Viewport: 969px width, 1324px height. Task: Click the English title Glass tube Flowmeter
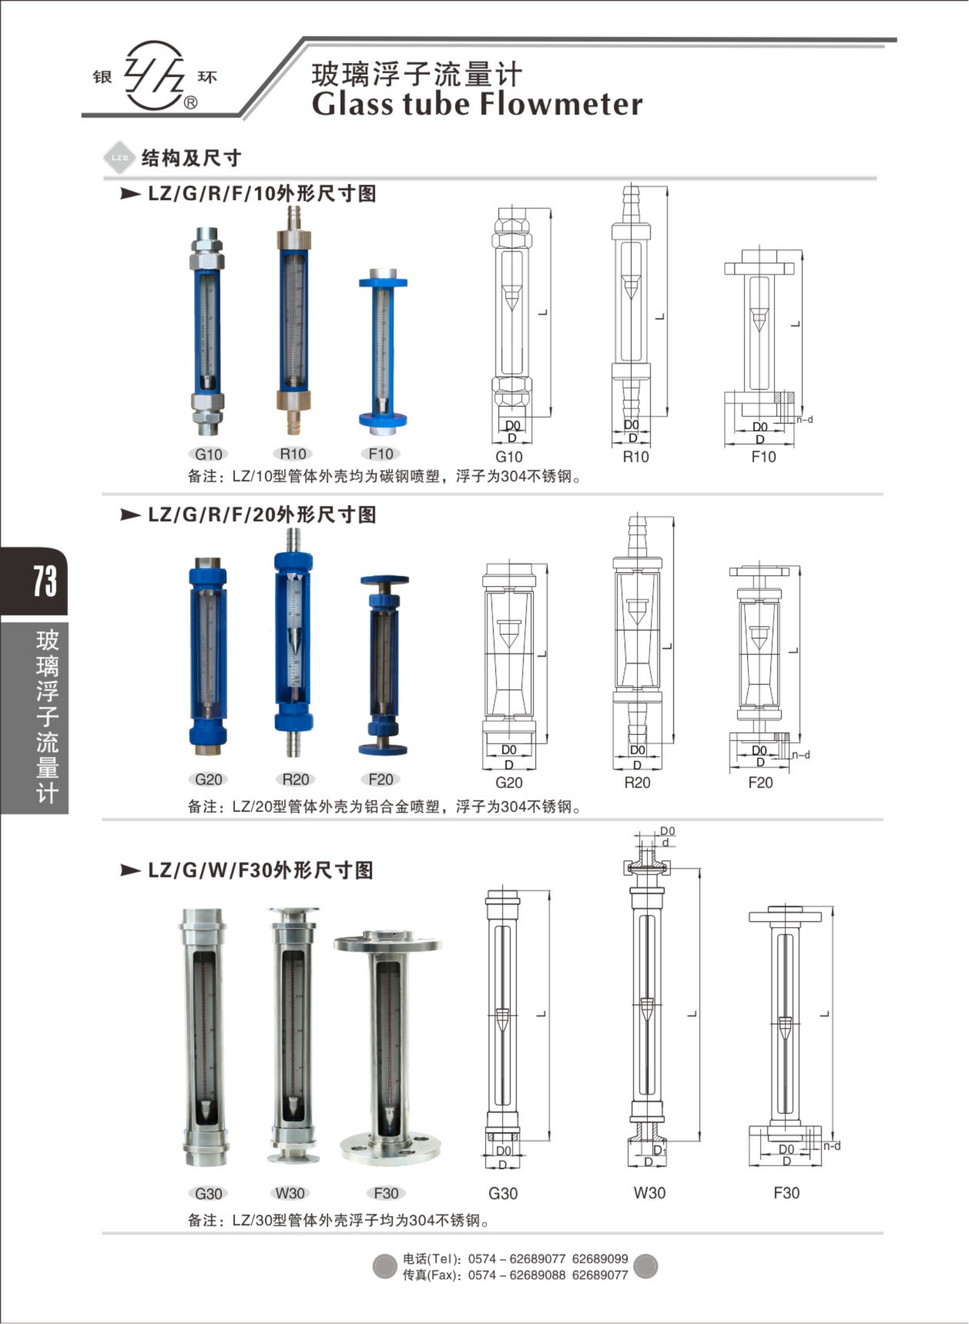click(x=477, y=105)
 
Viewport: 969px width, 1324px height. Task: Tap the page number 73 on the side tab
click(x=44, y=581)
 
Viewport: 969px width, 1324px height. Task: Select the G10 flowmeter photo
click(x=208, y=332)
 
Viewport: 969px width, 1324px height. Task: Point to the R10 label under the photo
click(x=293, y=453)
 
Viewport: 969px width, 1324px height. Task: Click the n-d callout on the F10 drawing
click(x=804, y=419)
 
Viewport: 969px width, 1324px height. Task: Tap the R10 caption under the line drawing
click(x=635, y=457)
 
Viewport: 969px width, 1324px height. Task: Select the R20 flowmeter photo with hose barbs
click(x=293, y=642)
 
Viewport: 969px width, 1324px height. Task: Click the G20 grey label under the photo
click(x=208, y=779)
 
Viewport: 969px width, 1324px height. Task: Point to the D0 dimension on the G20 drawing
click(x=509, y=750)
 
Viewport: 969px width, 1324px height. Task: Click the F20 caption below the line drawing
click(x=760, y=783)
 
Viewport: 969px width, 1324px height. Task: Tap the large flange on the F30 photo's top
click(x=387, y=942)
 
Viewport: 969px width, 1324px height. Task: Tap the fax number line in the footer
click(x=515, y=1275)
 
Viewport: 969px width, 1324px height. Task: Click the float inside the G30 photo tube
click(x=206, y=1108)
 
